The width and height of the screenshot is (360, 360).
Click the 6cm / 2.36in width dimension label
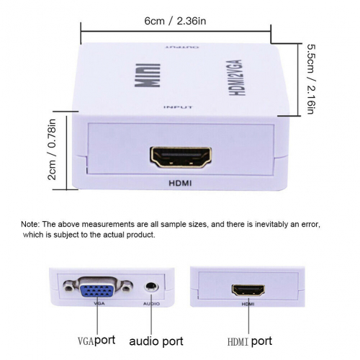(175, 21)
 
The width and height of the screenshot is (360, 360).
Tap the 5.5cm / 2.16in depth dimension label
(312, 79)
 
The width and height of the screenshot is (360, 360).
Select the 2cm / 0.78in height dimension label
(52, 149)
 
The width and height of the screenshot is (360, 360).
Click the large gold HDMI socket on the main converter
(181, 158)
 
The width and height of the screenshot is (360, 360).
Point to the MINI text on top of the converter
(148, 75)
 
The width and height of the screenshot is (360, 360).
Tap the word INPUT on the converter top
(178, 107)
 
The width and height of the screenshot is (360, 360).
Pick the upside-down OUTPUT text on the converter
(182, 47)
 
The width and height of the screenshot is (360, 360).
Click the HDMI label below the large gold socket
(180, 184)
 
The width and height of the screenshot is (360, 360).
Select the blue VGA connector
(96, 288)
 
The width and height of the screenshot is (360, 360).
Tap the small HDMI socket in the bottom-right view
(248, 290)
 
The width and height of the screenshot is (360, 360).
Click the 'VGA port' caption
(96, 341)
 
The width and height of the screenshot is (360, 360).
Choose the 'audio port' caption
(156, 341)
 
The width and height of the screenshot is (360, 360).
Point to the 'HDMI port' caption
(250, 341)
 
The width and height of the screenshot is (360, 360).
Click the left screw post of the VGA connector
(68, 287)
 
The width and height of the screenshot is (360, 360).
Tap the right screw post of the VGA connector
(127, 287)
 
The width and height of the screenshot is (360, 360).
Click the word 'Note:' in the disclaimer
(30, 224)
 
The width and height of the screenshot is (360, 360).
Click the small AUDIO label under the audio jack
(151, 304)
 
